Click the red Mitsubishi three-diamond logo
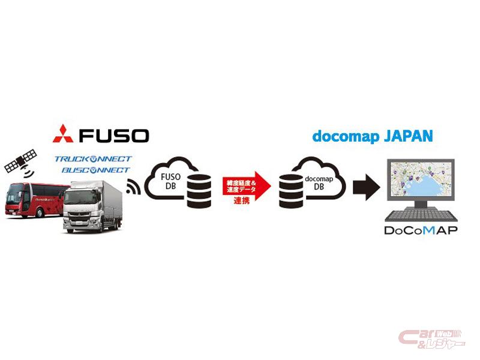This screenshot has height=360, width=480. click(63, 133)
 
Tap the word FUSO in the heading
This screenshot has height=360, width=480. click(114, 134)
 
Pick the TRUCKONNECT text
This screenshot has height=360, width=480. click(93, 159)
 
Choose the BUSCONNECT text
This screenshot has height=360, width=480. click(93, 170)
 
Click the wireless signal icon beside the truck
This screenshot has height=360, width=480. click(134, 188)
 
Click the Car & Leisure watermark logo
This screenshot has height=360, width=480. click(431, 338)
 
